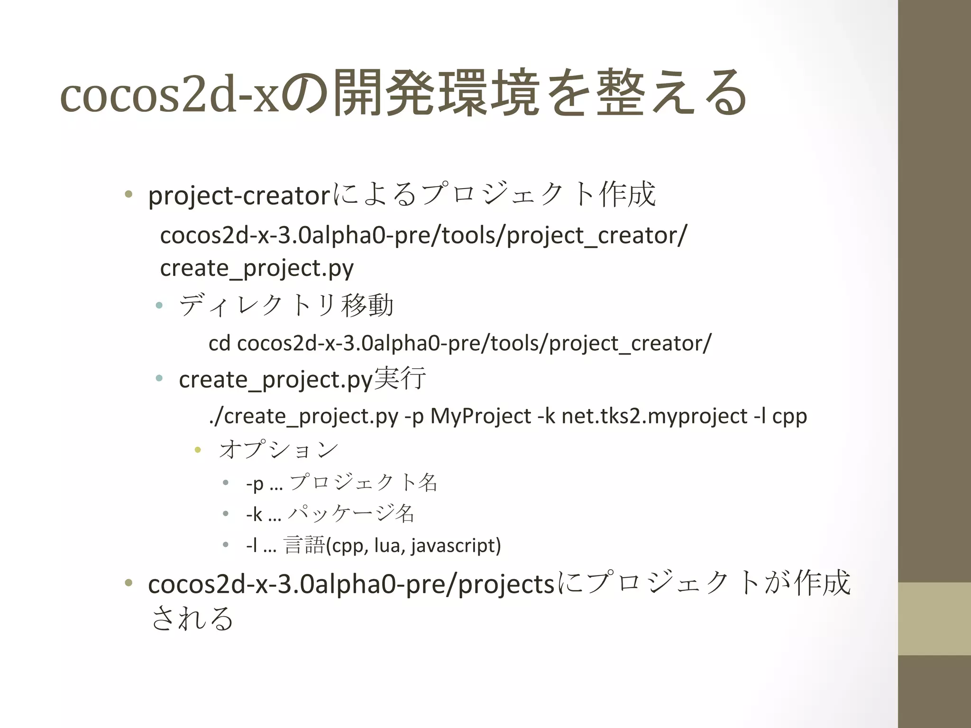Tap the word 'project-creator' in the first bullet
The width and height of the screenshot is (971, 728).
[238, 195]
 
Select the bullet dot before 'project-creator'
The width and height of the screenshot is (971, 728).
[128, 194]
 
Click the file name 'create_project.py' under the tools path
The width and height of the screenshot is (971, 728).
[256, 268]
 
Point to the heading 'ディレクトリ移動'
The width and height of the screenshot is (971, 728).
[286, 305]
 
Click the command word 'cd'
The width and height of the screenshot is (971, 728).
[219, 343]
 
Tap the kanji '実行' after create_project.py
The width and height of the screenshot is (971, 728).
[400, 379]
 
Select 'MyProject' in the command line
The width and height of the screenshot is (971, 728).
[480, 416]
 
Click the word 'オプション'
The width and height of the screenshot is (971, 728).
[279, 449]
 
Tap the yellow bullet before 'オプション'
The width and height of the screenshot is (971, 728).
[198, 449]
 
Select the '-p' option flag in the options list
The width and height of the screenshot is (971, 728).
[255, 483]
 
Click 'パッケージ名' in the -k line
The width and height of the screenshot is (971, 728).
[351, 514]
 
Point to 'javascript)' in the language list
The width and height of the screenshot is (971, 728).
[456, 546]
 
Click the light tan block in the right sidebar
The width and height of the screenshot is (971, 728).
[934, 619]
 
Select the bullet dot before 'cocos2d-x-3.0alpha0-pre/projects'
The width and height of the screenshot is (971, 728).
[128, 583]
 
